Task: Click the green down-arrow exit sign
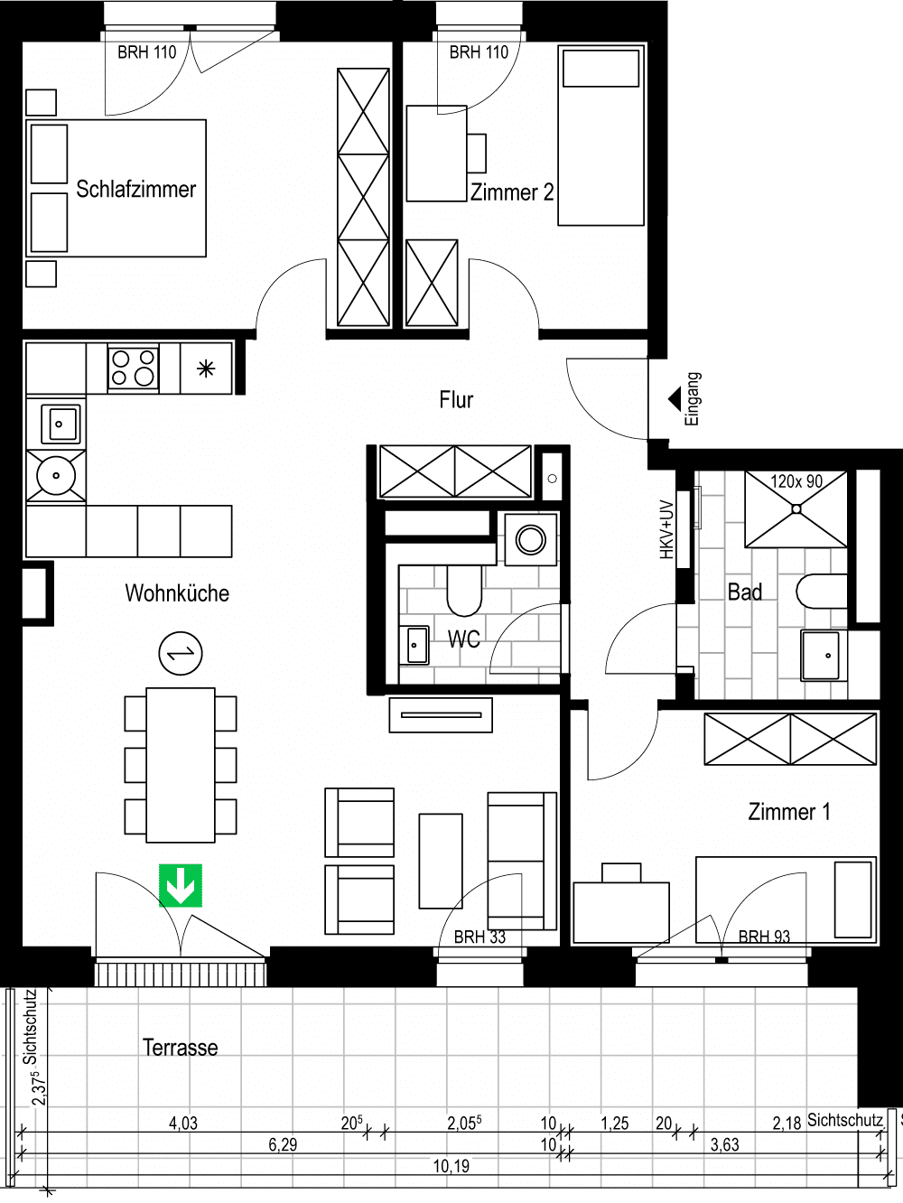181,886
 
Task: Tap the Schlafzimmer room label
135,189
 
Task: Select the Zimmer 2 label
512,192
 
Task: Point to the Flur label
456,400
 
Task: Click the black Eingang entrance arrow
675,398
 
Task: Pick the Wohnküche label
177,593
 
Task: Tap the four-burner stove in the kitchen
133,368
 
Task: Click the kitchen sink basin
60,424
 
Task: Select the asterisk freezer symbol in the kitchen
206,368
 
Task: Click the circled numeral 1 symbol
181,653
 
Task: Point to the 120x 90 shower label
796,481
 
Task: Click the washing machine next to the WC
530,540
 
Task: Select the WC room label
463,639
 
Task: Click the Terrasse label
181,1048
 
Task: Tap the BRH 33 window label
479,937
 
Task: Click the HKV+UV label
666,529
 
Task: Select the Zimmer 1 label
789,812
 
